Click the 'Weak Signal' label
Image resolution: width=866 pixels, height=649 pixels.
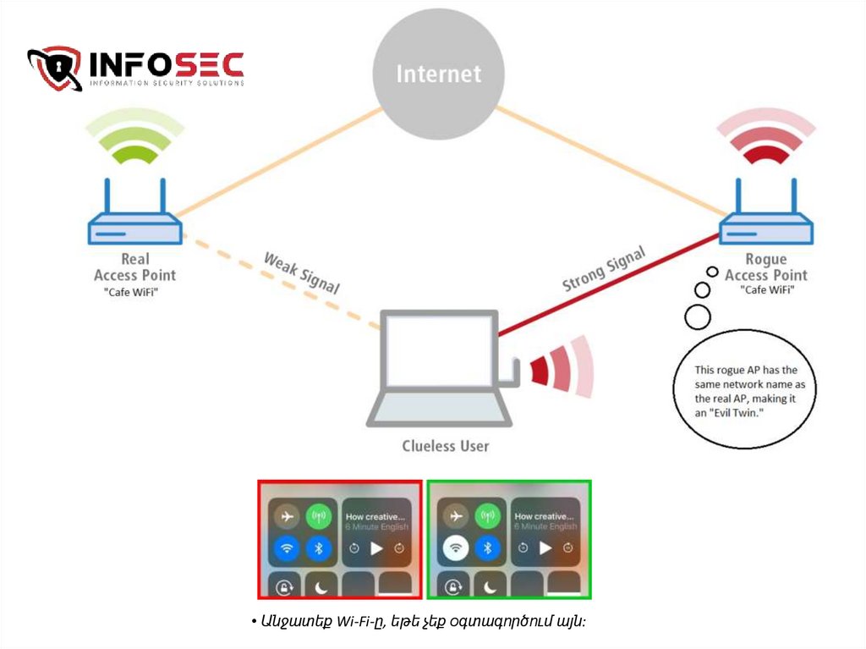pyautogui.click(x=301, y=272)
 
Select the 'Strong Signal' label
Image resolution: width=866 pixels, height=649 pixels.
pyautogui.click(x=604, y=268)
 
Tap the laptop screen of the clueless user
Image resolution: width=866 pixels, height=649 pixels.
pyautogui.click(x=438, y=350)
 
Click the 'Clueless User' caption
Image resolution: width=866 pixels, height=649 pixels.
pyautogui.click(x=445, y=445)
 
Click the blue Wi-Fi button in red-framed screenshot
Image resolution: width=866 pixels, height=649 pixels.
pyautogui.click(x=288, y=548)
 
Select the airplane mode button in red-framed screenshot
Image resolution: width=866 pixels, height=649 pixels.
pyautogui.click(x=288, y=516)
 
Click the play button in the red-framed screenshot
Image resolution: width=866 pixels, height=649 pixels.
pyautogui.click(x=376, y=548)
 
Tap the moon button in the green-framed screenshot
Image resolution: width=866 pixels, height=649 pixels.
pyautogui.click(x=488, y=586)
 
